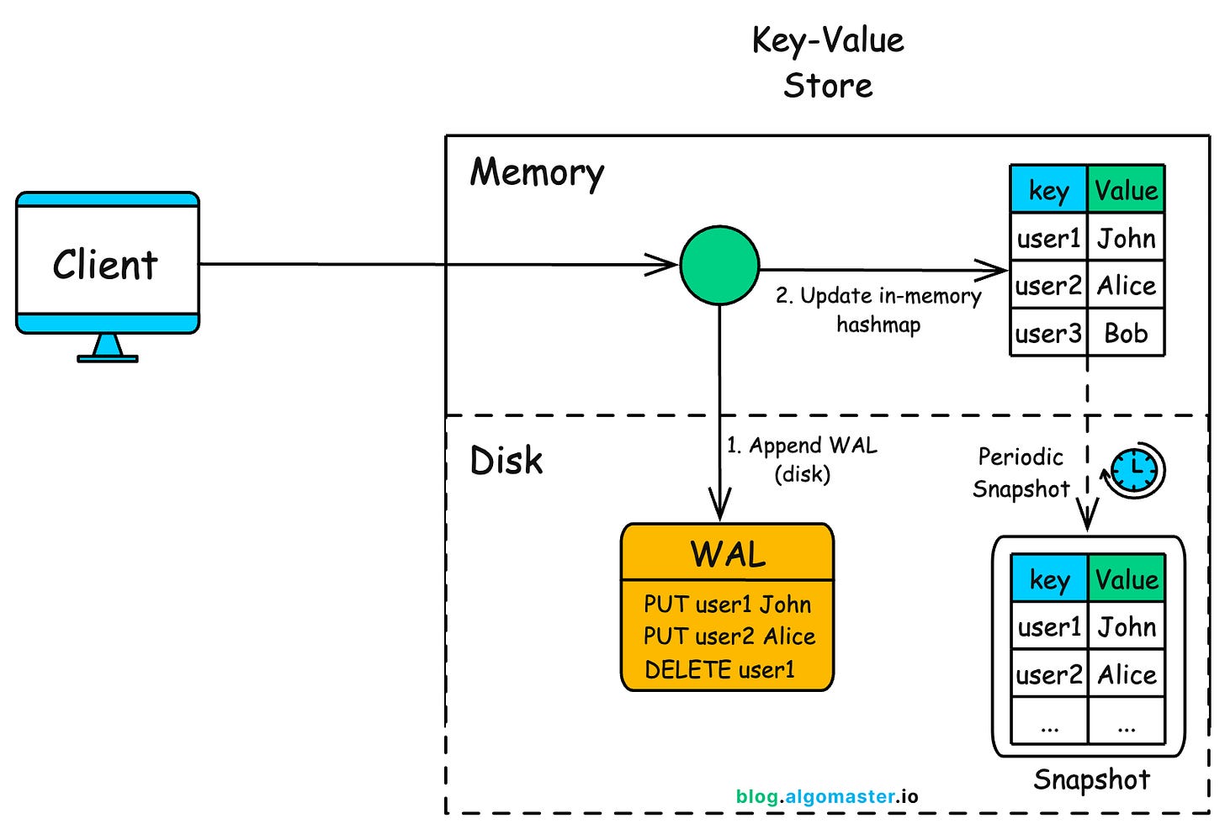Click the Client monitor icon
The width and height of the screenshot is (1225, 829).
tap(108, 265)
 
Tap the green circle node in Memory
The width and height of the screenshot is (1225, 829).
tap(719, 265)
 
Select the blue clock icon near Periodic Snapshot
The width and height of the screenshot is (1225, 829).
tap(1135, 470)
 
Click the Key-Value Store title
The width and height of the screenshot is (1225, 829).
tap(828, 63)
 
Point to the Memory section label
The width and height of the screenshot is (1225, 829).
tap(537, 173)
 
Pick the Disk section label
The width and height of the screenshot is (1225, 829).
tap(506, 461)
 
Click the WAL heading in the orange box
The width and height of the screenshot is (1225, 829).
tap(728, 555)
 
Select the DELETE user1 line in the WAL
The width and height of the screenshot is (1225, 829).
tap(719, 670)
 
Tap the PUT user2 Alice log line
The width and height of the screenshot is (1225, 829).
tap(729, 636)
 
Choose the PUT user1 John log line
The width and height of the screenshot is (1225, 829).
tap(727, 605)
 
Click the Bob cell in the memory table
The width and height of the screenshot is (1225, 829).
tap(1126, 334)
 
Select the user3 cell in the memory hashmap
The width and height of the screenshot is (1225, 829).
tap(1048, 334)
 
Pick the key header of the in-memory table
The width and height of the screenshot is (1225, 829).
tap(1048, 191)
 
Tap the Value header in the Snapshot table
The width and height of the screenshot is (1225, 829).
tap(1127, 579)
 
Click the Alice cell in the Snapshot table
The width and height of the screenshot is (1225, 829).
tap(1127, 674)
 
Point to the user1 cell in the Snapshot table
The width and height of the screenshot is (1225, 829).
tap(1049, 627)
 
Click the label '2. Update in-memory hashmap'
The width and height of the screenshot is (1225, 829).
tap(878, 310)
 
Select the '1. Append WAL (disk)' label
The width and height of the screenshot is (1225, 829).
tap(801, 459)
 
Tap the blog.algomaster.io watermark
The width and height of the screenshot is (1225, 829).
tap(827, 796)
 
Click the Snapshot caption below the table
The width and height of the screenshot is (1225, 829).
tap(1091, 779)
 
